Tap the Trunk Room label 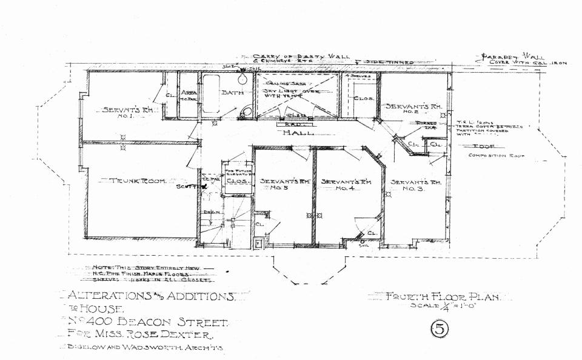click(x=138, y=181)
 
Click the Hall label click(x=298, y=132)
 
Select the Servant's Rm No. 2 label click(x=415, y=108)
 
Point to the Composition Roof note click(x=497, y=156)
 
